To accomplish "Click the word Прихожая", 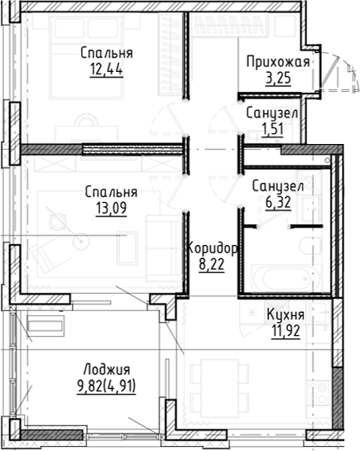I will pos(277,62).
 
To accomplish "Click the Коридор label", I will pos(213,249).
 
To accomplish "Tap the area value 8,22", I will pos(212,265).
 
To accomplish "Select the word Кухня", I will pos(286,314).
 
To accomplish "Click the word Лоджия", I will pos(107,369).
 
